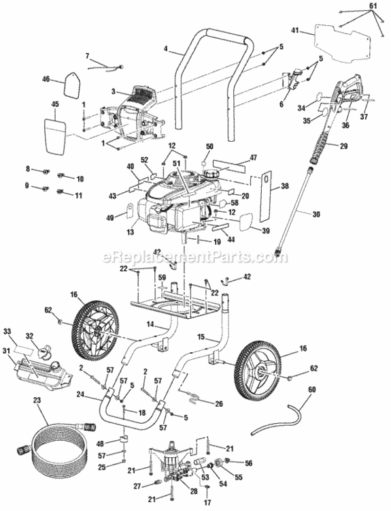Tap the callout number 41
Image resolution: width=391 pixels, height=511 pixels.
pyautogui.click(x=294, y=31)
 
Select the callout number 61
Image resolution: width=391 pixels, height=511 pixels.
pyautogui.click(x=372, y=5)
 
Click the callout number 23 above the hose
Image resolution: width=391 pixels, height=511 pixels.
pyautogui.click(x=35, y=402)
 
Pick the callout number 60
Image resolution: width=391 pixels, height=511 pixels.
pyautogui.click(x=312, y=390)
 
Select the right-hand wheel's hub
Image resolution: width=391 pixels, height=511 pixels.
pyautogui.click(x=260, y=373)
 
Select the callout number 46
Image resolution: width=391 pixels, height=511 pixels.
pyautogui.click(x=46, y=80)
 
